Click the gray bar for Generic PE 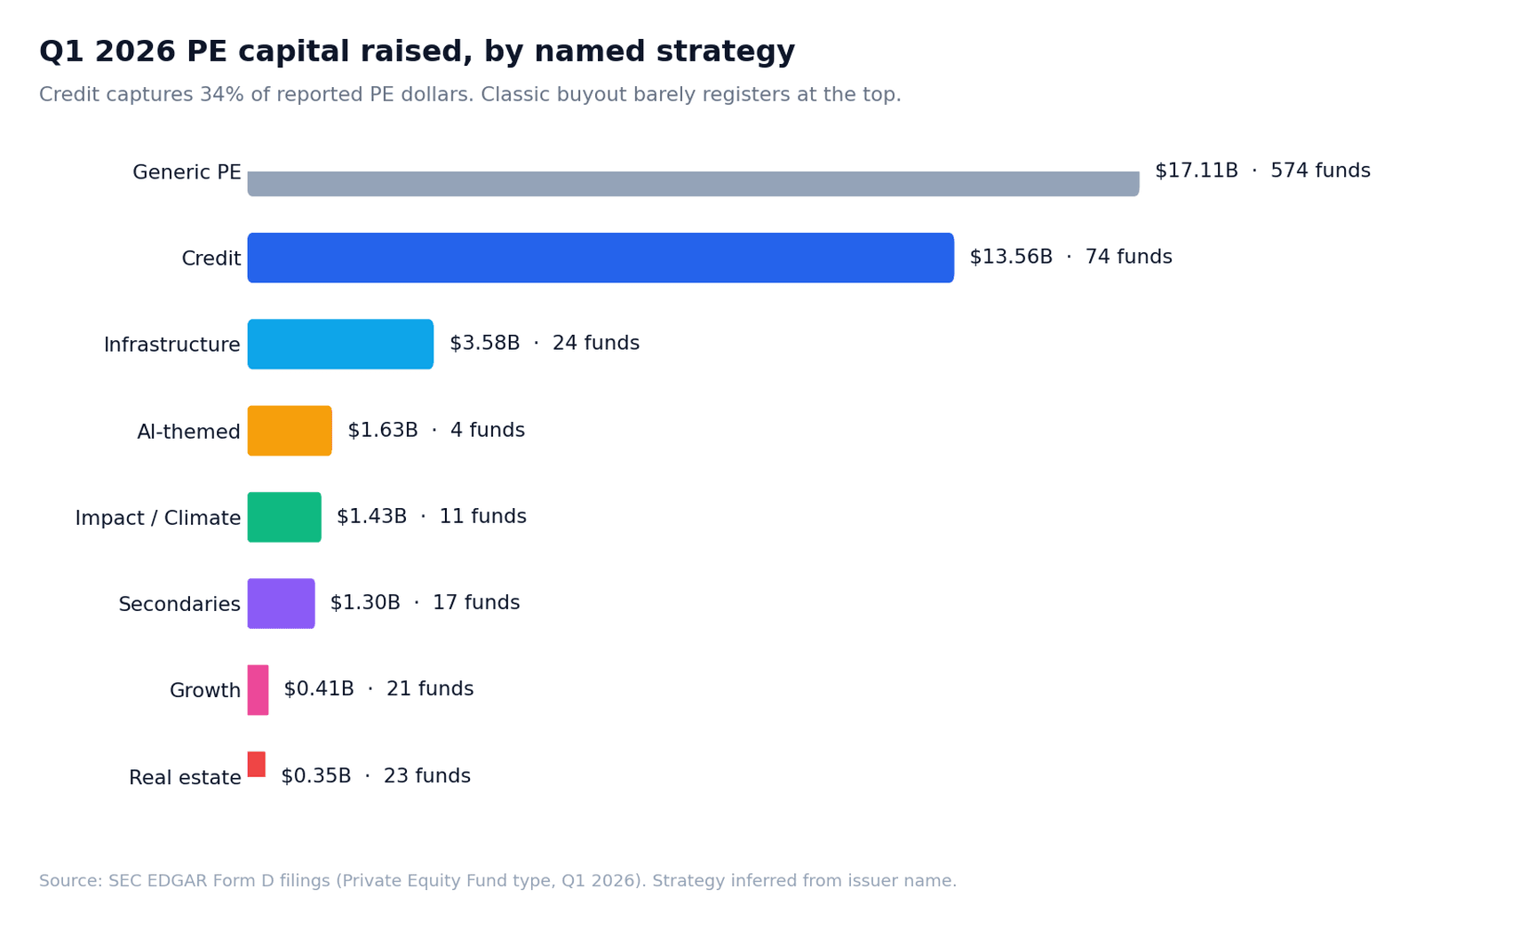coord(693,183)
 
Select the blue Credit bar coord(600,258)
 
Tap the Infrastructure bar coord(340,344)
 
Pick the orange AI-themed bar coord(290,431)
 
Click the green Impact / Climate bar coord(284,517)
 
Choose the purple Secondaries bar coord(281,603)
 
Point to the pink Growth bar coord(258,690)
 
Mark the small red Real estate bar coord(256,764)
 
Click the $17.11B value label coord(1196,171)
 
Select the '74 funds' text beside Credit coord(1128,258)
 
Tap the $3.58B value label coord(484,344)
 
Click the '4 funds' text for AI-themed coord(487,431)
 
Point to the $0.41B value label coord(318,689)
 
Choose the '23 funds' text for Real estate coord(426,776)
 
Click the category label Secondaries coord(179,605)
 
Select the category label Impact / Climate coord(158,519)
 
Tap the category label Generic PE coord(187,173)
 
